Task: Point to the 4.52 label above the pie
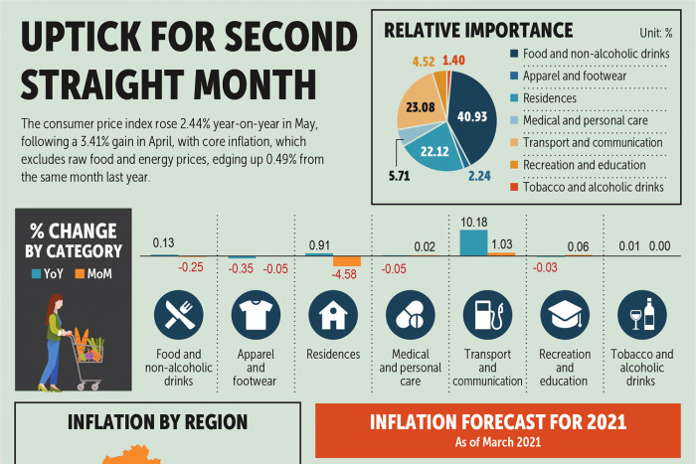[424, 62]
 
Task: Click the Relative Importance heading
[477, 30]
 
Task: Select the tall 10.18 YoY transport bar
[473, 242]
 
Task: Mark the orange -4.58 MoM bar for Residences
[347, 260]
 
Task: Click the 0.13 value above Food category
[165, 242]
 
